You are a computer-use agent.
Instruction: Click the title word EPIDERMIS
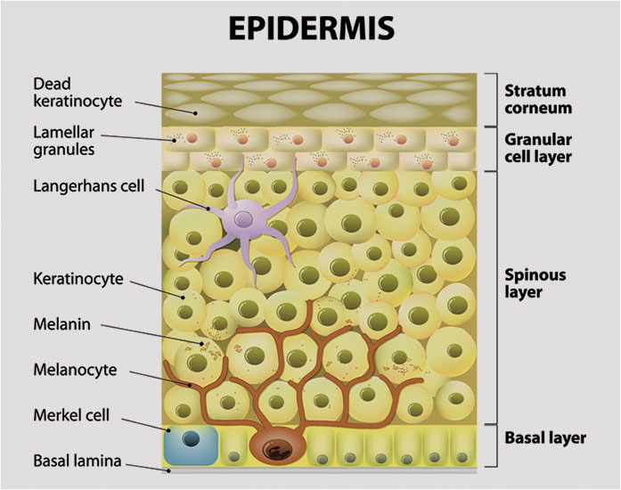coord(312,29)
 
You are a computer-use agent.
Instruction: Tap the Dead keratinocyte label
coord(78,93)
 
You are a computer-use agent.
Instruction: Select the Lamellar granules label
coord(64,141)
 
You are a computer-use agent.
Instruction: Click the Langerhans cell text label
coord(89,186)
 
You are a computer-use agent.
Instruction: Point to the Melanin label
coord(61,324)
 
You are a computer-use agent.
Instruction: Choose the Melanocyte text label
coord(75,370)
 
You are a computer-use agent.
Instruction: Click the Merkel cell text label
coord(71,415)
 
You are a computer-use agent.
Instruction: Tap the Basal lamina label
coord(77,461)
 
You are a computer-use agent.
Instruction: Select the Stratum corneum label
coord(538,100)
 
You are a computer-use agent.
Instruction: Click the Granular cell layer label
coord(538,148)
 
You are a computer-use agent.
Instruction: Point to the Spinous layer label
coord(535,283)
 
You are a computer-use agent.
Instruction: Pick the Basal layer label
coord(545,438)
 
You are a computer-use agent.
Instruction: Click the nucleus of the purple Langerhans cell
coord(243,218)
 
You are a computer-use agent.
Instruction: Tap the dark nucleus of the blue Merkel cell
coord(191,439)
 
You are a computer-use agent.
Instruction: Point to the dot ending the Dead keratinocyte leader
coord(195,113)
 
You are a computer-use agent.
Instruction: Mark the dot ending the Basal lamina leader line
coord(168,471)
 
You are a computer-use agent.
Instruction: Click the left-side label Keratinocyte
coord(78,279)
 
